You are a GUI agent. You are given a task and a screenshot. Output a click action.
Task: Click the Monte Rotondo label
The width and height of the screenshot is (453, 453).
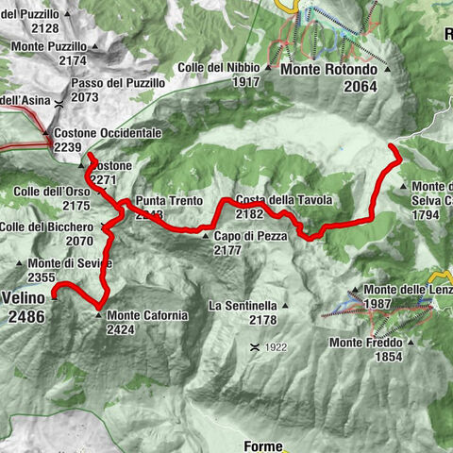point(327,70)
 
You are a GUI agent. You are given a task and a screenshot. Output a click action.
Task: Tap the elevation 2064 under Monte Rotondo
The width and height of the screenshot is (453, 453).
point(361,87)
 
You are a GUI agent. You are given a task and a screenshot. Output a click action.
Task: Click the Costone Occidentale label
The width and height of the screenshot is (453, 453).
point(108,134)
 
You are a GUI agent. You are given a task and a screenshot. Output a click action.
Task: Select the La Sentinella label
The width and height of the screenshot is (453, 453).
point(243,306)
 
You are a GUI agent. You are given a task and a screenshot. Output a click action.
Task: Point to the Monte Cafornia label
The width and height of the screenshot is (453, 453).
point(147,314)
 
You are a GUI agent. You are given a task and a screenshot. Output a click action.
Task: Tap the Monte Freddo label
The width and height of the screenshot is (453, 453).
point(367,343)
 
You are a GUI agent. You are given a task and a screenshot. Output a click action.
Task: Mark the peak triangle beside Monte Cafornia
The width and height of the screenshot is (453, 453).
point(99,314)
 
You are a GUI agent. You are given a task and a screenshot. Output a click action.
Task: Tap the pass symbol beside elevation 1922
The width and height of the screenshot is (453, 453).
point(254,347)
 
